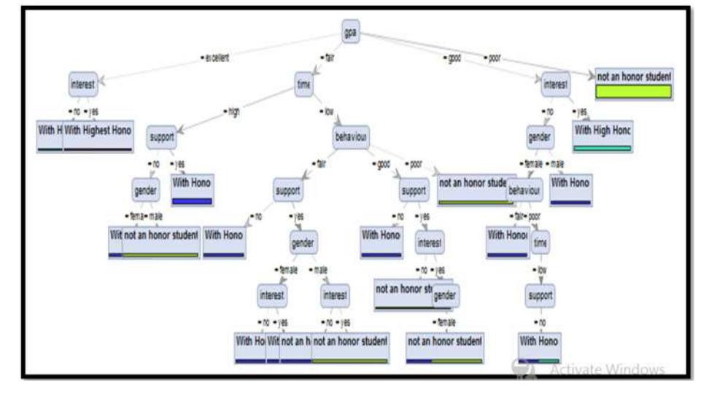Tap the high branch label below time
point(233,112)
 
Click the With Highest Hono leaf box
point(98,130)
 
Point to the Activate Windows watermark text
point(606,370)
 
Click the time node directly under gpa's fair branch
point(303,85)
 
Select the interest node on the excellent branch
point(82,85)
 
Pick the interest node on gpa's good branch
point(556,85)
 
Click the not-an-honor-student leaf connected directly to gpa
point(633,77)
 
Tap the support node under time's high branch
point(161,137)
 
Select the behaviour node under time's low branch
point(351,137)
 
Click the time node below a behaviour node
point(540,243)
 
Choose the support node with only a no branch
point(540,296)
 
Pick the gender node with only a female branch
point(446,296)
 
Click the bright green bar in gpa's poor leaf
point(633,92)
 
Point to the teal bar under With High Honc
point(602,148)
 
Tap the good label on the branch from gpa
point(453,58)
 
